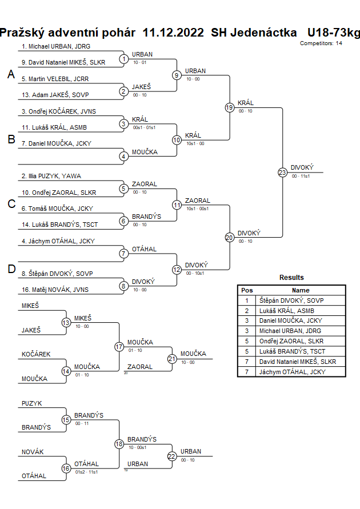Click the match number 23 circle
coord(282,172)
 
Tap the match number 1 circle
coord(123,59)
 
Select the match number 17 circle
coord(119,346)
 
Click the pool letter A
coord(10,75)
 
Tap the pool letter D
coord(11,269)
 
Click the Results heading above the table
coord(291,278)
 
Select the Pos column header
coord(247,290)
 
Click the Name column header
coord(301,290)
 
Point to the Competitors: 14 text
coord(321,43)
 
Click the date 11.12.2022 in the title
coord(173,32)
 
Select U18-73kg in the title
coord(334,32)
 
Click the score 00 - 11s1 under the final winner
coord(301,177)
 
